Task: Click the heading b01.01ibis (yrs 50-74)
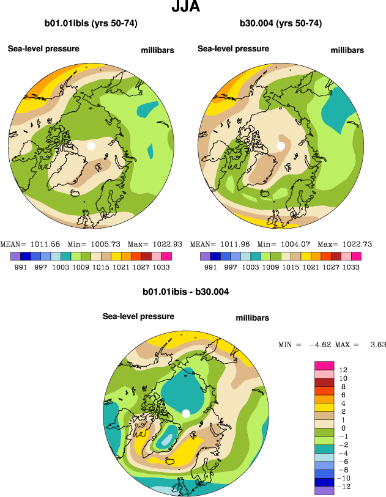[91, 24]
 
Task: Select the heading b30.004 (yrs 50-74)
[280, 24]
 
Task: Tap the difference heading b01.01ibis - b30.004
[185, 292]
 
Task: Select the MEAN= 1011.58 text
[26, 244]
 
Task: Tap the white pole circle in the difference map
[185, 414]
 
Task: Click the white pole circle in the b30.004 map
[281, 146]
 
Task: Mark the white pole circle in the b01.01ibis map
[91, 146]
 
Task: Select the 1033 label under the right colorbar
[351, 267]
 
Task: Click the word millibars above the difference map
[252, 318]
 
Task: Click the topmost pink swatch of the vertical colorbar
[324, 365]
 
